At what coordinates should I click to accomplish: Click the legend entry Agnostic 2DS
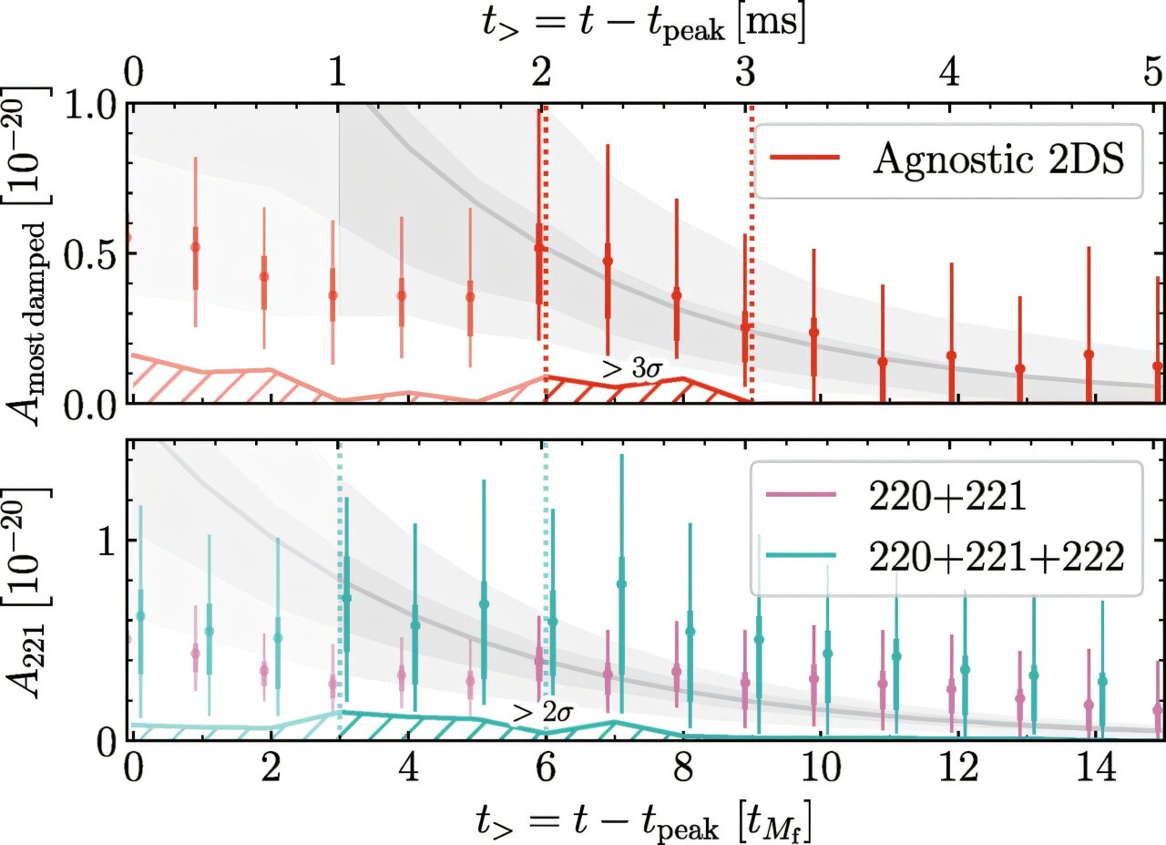pos(947,160)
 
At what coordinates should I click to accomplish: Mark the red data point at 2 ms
pos(539,248)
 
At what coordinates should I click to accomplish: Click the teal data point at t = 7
pos(621,583)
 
